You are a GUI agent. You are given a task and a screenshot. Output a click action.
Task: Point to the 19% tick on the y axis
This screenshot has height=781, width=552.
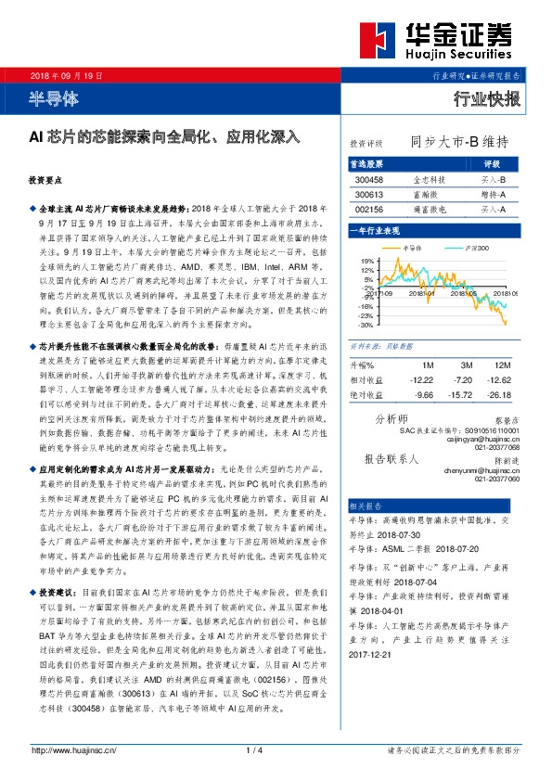(x=367, y=261)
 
